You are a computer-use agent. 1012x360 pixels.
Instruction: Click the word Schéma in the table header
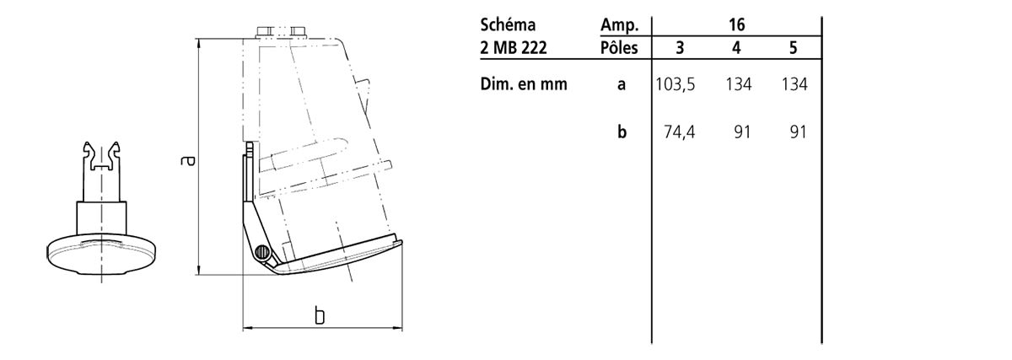click(x=508, y=24)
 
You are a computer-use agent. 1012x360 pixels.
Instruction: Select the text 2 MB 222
click(x=514, y=47)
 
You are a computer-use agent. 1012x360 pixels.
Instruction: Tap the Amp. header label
click(x=619, y=25)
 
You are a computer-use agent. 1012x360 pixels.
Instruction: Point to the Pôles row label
click(x=619, y=47)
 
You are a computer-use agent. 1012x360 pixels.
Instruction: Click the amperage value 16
click(x=736, y=24)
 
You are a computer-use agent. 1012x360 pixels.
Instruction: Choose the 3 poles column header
click(x=680, y=47)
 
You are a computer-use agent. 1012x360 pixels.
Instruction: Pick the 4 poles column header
click(x=736, y=47)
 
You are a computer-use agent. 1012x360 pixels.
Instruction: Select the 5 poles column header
click(x=794, y=47)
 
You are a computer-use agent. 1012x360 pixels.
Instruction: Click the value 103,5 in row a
click(x=676, y=84)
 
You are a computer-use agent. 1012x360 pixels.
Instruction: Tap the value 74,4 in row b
click(x=680, y=132)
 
